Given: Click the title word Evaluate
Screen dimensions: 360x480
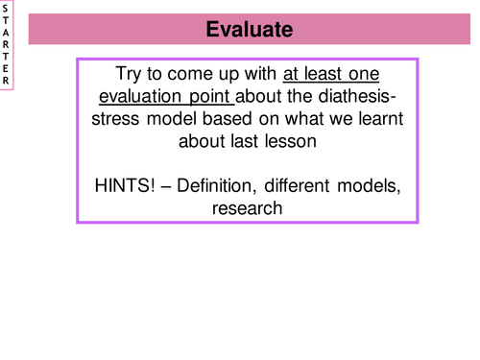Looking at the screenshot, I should point(249,31).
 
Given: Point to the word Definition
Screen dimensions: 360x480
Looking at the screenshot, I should point(219,184).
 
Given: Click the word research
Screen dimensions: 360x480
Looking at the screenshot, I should point(248,206).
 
